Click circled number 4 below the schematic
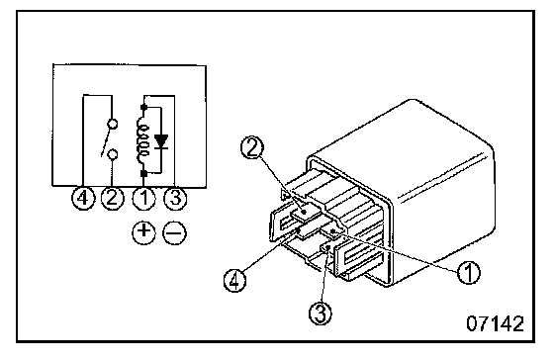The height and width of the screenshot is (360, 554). [83, 198]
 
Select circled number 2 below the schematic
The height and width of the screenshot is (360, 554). [112, 198]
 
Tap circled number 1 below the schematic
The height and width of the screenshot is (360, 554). [143, 198]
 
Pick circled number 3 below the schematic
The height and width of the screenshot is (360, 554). [175, 198]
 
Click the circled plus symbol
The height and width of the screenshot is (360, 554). [143, 232]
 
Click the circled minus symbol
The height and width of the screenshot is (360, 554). [174, 232]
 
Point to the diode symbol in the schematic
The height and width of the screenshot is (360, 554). [161, 141]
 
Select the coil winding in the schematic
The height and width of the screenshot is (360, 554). [142, 138]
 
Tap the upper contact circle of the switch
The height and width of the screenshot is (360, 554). [113, 124]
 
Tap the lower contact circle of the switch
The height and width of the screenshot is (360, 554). [113, 154]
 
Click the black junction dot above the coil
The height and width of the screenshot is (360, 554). [143, 107]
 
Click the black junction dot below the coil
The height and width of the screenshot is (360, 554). [143, 173]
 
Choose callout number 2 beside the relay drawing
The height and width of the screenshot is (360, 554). [251, 148]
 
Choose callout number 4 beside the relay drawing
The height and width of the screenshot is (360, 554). [235, 280]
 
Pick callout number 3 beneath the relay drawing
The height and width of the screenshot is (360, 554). [321, 313]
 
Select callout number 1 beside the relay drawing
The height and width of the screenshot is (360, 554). [469, 272]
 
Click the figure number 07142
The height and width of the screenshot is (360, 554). [495, 323]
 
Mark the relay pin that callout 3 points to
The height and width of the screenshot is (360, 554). [327, 248]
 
